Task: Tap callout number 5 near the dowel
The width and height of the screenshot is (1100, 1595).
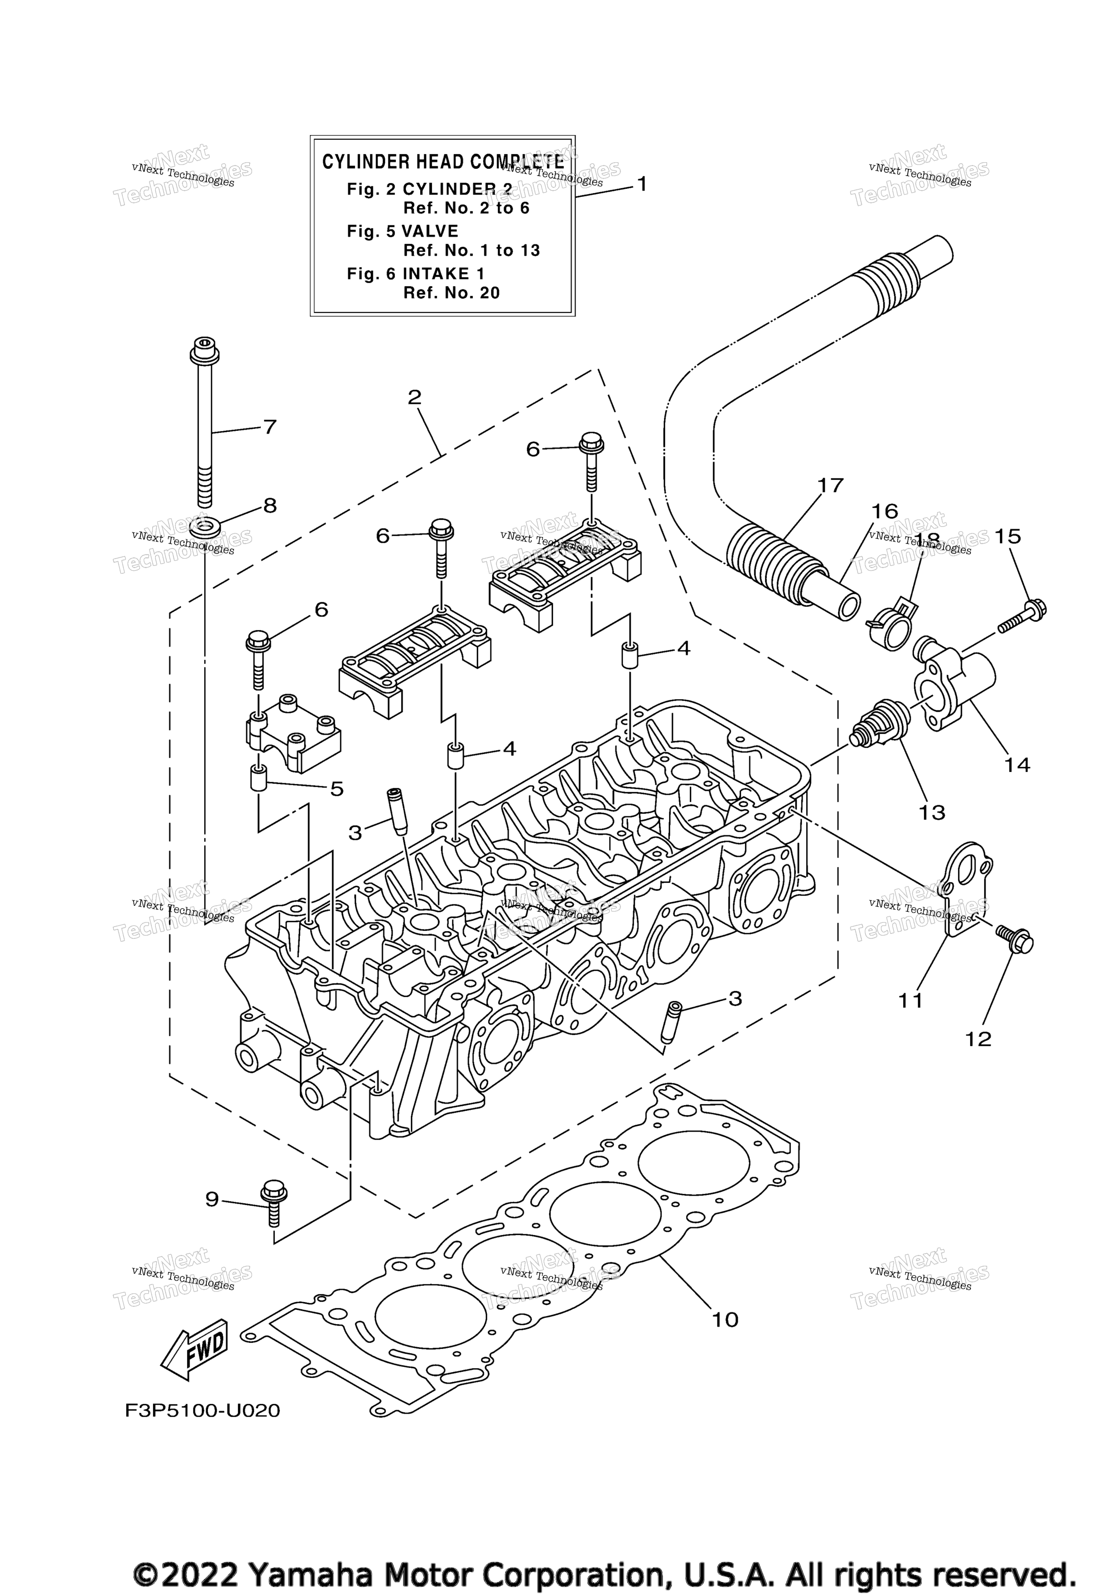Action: tap(336, 789)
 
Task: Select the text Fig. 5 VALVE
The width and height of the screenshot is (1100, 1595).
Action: tap(402, 232)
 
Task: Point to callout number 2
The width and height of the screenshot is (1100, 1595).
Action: tap(414, 398)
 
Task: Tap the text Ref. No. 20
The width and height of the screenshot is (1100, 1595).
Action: tap(452, 293)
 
